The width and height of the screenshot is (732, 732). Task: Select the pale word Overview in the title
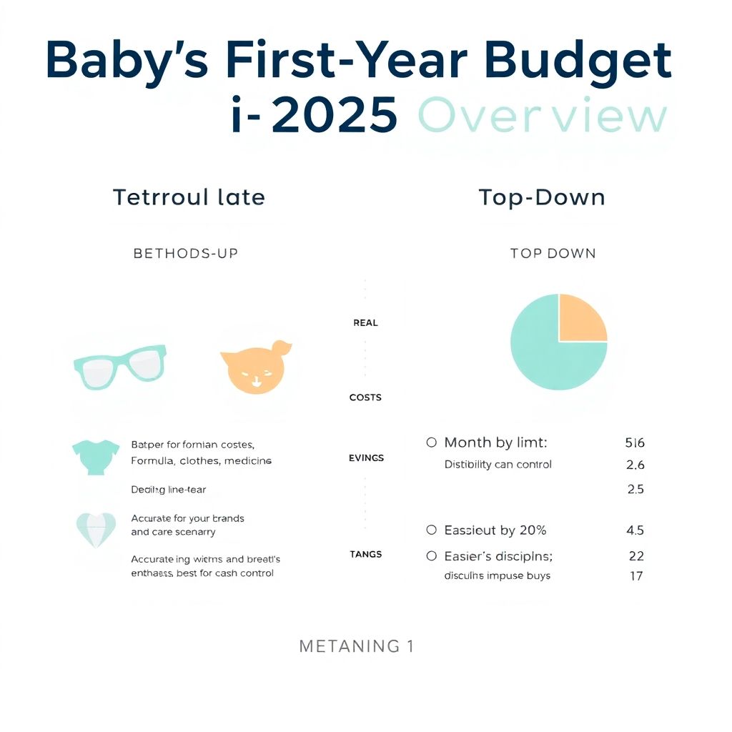(542, 117)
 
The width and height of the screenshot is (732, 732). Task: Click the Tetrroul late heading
(189, 197)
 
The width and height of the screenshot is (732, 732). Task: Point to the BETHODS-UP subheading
(186, 253)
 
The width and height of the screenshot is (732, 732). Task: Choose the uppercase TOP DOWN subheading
(553, 253)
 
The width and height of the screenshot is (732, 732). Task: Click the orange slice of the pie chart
(582, 317)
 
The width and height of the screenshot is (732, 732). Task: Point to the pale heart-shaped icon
(94, 530)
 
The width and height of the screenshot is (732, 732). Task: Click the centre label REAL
(365, 323)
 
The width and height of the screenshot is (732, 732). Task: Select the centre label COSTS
(365, 397)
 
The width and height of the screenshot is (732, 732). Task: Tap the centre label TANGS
(365, 554)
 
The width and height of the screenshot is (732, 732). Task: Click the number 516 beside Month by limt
(635, 443)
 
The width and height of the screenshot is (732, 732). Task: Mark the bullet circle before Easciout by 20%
(431, 530)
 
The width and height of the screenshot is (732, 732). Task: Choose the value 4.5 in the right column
(635, 530)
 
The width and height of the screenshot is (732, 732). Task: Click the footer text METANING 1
(356, 647)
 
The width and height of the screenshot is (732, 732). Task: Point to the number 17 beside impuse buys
(635, 575)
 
